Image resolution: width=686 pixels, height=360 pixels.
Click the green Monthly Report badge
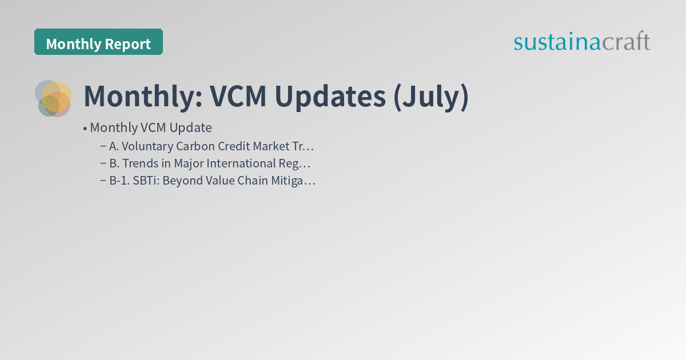(98, 42)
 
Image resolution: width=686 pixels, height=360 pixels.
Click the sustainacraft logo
(581, 42)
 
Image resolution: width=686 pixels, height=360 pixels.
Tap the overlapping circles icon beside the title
(53, 98)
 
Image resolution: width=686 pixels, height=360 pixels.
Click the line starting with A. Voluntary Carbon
(212, 146)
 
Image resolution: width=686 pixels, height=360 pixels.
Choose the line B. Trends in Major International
(209, 163)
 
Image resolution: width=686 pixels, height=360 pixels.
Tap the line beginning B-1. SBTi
(212, 181)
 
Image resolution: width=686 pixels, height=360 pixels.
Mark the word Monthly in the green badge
(71, 44)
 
